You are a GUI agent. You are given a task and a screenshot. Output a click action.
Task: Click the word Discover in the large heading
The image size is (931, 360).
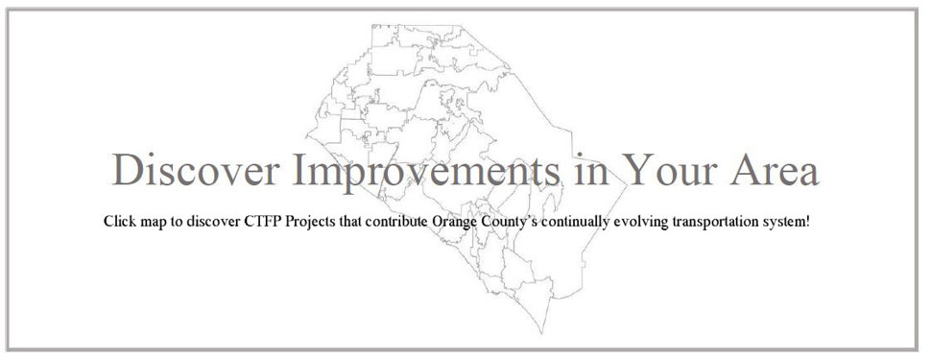(196, 170)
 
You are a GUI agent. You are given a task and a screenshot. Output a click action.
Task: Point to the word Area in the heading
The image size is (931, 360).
(775, 170)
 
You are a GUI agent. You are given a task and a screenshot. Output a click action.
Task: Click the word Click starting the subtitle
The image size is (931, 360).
(120, 222)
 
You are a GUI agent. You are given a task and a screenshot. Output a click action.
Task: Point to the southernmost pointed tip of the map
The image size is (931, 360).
(542, 333)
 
